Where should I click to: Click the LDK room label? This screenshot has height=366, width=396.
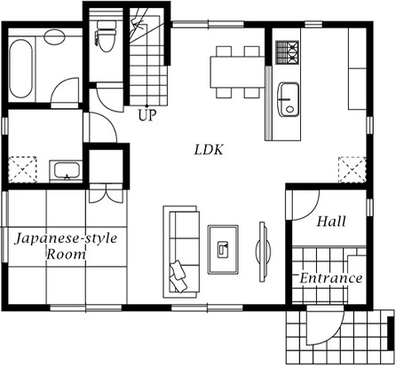[209, 150]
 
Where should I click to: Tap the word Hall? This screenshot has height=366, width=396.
[331, 222]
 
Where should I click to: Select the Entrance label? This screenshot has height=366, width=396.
[331, 278]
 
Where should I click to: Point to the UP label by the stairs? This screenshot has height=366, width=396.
[147, 115]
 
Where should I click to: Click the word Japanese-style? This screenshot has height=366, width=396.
[66, 238]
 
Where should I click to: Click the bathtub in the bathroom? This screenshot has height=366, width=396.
[20, 68]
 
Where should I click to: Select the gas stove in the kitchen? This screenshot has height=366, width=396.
[288, 52]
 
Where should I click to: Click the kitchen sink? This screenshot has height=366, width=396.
[288, 99]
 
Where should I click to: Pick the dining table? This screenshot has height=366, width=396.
[237, 72]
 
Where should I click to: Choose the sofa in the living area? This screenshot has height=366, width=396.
[180, 252]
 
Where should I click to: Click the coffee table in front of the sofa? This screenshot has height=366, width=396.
[223, 250]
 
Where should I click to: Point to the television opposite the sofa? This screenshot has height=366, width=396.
[263, 252]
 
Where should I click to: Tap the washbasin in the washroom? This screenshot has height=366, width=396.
[67, 171]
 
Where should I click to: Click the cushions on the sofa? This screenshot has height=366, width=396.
[178, 276]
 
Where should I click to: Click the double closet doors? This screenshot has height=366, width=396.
[106, 193]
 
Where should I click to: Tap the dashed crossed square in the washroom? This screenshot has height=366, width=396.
[22, 169]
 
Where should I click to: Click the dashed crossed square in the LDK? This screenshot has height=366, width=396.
[352, 169]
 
